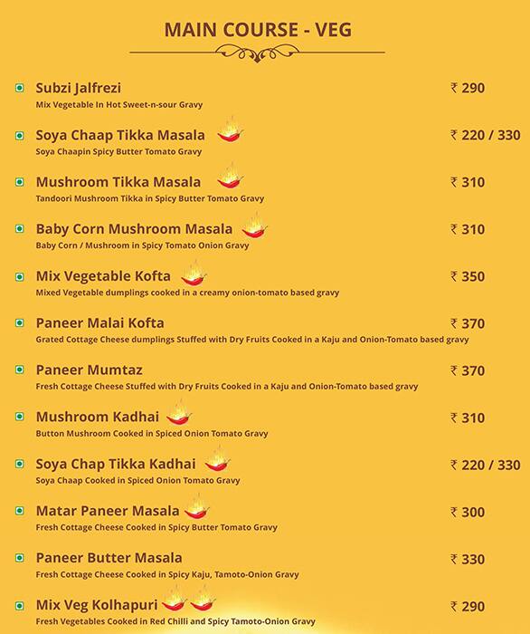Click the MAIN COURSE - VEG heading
[258, 30]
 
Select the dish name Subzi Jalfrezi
[80, 88]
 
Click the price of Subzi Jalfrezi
[468, 88]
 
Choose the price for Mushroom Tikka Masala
[468, 182]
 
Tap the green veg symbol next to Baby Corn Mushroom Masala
[18, 229]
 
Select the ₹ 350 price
[468, 276]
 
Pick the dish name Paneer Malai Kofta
[99, 323]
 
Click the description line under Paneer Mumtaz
[226, 387]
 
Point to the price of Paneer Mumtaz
[468, 370]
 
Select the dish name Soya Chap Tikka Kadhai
[116, 465]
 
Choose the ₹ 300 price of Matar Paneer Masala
[468, 512]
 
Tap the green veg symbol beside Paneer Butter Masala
[18, 559]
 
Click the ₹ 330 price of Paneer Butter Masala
[468, 559]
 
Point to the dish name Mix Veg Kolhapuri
[97, 605]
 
